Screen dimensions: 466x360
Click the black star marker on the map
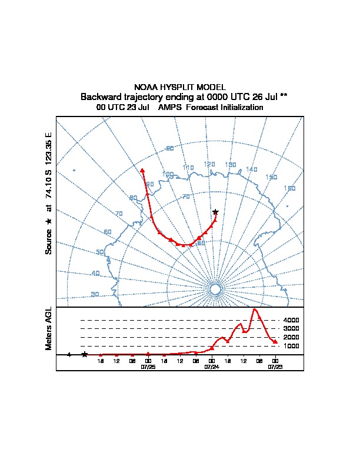(215, 212)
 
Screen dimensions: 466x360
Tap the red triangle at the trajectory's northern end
(142, 170)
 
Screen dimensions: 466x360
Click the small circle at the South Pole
(215, 289)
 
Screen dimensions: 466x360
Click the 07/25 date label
(148, 366)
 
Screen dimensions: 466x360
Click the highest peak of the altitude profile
(255, 309)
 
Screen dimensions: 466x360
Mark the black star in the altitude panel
(85, 354)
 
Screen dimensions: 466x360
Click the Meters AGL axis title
(49, 328)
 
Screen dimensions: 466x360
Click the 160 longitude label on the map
(289, 188)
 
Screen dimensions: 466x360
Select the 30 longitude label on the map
(95, 295)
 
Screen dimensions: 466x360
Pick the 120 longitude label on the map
(209, 164)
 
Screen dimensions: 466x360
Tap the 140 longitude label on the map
(252, 169)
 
